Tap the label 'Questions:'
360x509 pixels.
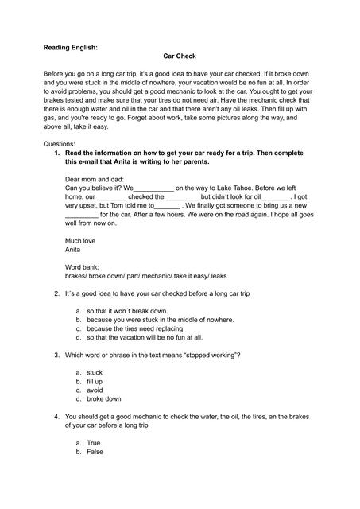point(60,143)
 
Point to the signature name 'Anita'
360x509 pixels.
point(73,249)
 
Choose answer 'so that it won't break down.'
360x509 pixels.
point(127,311)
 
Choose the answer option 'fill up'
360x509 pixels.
point(95,381)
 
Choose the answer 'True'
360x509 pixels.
point(94,442)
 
